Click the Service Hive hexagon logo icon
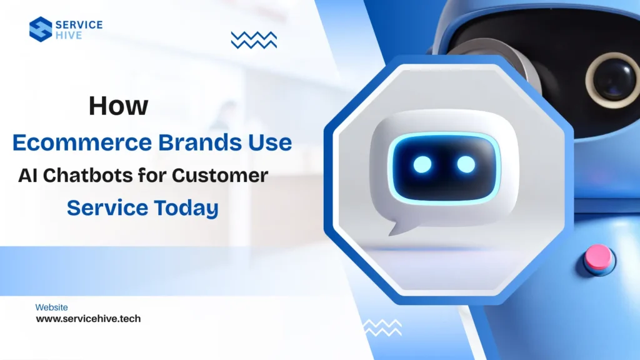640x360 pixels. pos(41,29)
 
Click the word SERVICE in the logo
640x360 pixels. pos(79,24)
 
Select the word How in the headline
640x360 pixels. pos(118,106)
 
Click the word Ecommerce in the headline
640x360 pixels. pos(81,142)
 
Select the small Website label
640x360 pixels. pos(52,307)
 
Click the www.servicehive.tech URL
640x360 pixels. pos(88,319)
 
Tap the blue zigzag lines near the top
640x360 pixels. pos(254,40)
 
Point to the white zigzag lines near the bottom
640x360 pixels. pos(382,327)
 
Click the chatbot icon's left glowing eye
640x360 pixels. pos(422,164)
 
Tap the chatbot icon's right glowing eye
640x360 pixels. pos(466,164)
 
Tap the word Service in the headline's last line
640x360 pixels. pos(101,207)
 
